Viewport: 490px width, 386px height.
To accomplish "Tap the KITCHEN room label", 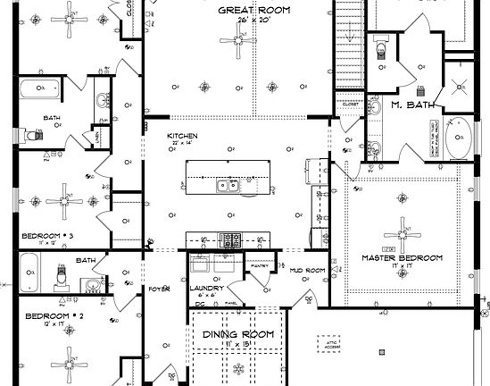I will (182, 136).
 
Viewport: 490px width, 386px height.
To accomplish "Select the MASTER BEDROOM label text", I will (402, 257).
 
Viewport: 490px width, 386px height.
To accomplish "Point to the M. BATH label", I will (414, 105).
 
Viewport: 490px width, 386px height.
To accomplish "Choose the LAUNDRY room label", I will (206, 288).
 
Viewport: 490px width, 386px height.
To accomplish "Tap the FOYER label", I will (158, 288).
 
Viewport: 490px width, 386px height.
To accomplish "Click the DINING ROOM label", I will (237, 334).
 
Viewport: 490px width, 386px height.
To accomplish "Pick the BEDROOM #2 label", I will (54, 316).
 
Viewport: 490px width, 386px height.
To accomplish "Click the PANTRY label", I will (260, 265).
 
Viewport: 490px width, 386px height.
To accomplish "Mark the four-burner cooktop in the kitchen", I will (230, 239).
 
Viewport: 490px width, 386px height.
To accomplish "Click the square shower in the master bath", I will (461, 88).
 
